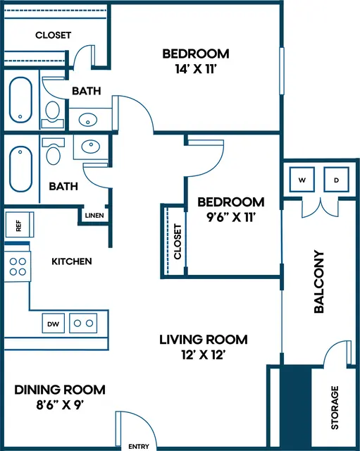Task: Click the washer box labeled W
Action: point(302,180)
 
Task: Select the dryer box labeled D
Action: point(337,180)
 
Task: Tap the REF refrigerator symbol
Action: point(19,225)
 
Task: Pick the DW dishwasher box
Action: point(54,323)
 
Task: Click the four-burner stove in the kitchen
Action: point(17,266)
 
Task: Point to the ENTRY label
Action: point(139,446)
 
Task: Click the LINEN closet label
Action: point(94,215)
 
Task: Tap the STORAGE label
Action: point(335,407)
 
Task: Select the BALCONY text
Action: point(319,282)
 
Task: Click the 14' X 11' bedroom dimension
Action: point(196,69)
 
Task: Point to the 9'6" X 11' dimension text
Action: point(231,218)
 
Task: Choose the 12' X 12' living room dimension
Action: point(203,354)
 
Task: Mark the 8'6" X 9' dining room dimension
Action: point(60,405)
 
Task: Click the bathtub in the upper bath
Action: point(20,100)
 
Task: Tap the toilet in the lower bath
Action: point(54,152)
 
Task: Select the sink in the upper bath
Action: point(88,120)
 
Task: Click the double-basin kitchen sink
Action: point(83,323)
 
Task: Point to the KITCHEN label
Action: point(72,261)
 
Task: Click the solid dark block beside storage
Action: point(296,408)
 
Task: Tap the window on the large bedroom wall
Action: point(282,71)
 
